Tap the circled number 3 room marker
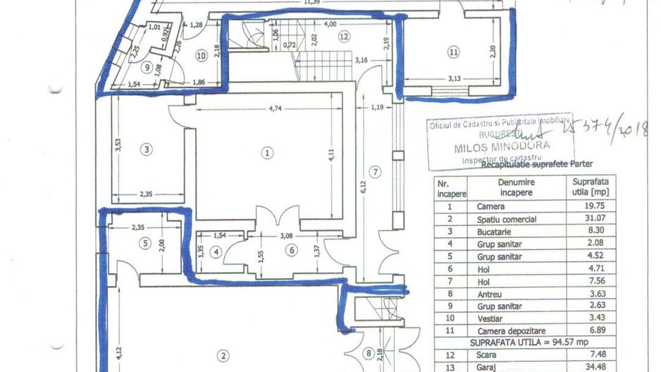[x=145, y=149]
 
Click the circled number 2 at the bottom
[x=223, y=355]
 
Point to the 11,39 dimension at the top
[x=311, y=3]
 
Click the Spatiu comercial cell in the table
[x=506, y=219]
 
